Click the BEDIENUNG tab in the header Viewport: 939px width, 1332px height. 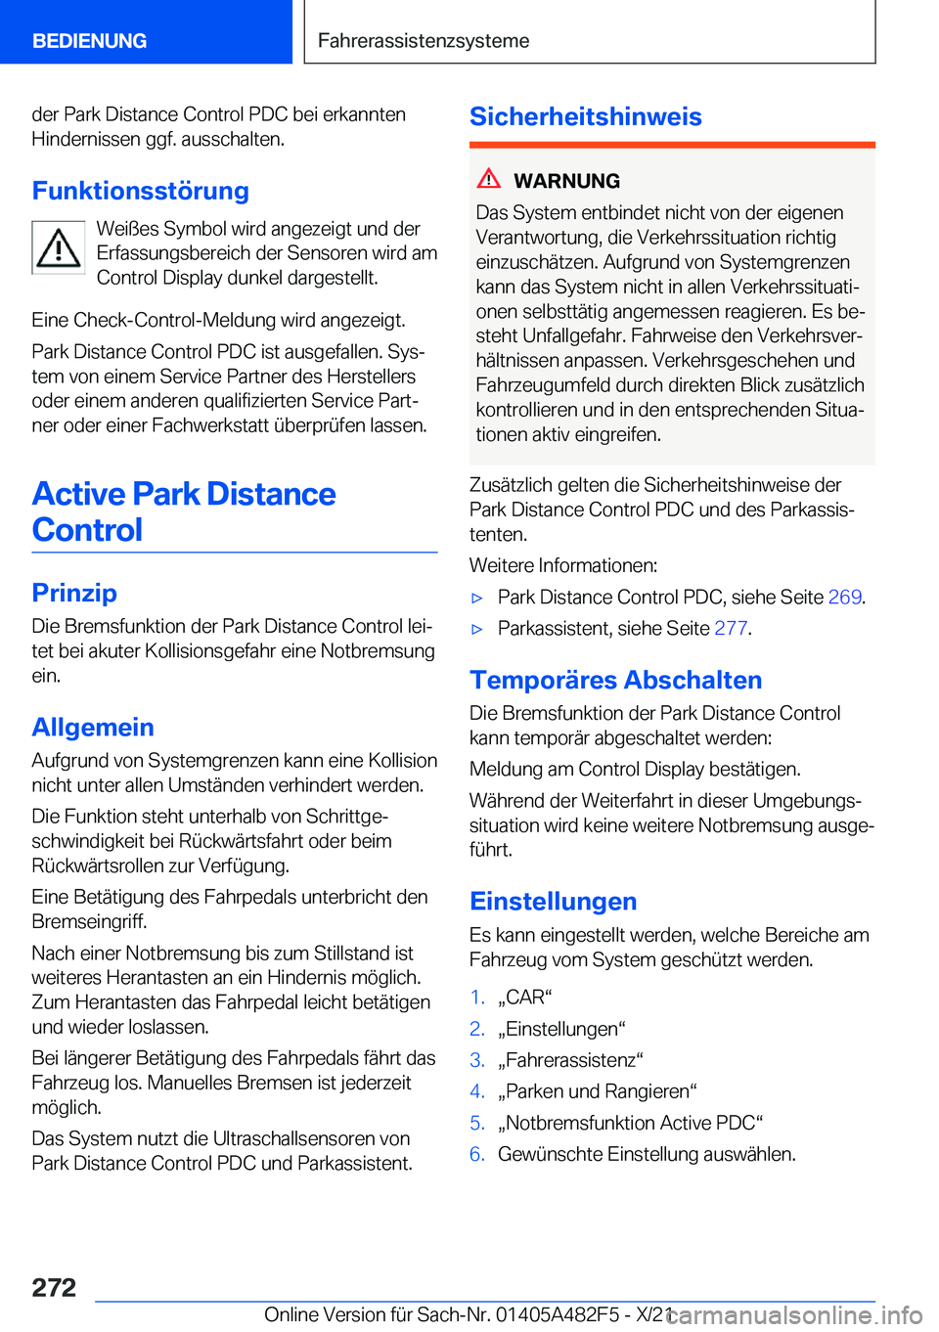tap(90, 41)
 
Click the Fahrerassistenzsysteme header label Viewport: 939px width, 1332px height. tap(424, 41)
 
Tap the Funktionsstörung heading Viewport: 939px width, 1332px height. tap(141, 191)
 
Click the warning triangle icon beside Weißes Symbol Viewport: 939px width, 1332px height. tap(59, 247)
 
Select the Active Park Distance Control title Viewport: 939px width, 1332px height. tap(184, 511)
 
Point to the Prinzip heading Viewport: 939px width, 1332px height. tap(74, 593)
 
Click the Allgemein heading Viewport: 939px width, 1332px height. tap(93, 727)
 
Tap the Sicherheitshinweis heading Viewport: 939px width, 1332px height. tap(586, 116)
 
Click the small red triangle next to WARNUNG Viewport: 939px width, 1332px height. tap(489, 179)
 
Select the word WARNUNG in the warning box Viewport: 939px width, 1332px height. tap(566, 181)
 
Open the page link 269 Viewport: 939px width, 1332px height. tap(844, 597)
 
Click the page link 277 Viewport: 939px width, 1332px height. tap(731, 628)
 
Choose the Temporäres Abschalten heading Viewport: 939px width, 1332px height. tap(616, 680)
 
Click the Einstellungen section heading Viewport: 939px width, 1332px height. tap(554, 901)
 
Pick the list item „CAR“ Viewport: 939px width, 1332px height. tap(525, 998)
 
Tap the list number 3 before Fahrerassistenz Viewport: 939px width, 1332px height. tap(477, 1060)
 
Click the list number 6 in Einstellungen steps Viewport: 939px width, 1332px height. tap(477, 1154)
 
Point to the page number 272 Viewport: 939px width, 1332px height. tap(54, 1287)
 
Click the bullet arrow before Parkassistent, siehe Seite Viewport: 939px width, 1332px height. tap(478, 629)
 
